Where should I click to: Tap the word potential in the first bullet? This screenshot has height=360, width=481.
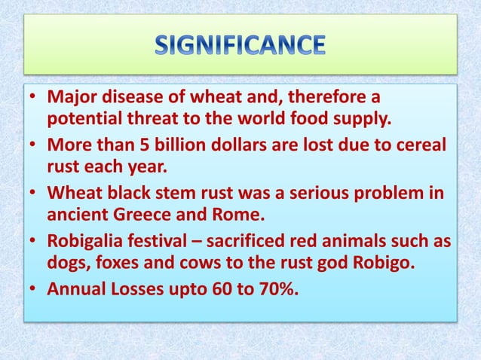click(x=82, y=119)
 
